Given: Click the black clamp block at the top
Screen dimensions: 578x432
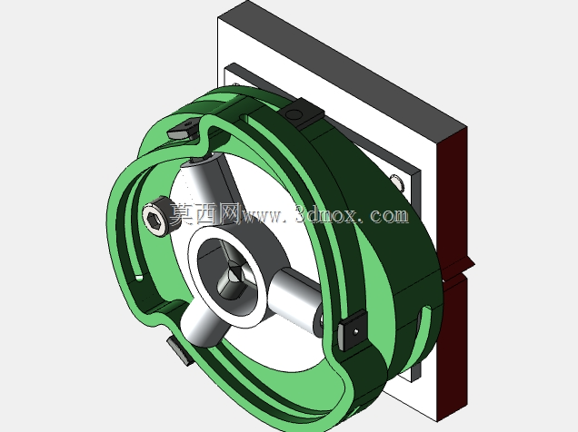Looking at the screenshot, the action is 304,113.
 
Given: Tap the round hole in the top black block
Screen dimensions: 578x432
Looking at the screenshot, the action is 294,115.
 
